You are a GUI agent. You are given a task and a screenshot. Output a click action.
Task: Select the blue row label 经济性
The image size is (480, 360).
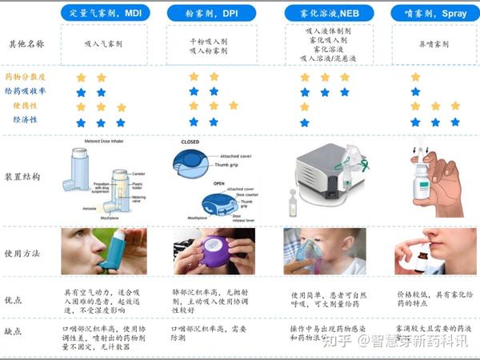point(26,120)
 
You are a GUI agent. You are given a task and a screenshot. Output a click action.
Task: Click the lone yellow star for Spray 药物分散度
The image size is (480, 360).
point(415,77)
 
